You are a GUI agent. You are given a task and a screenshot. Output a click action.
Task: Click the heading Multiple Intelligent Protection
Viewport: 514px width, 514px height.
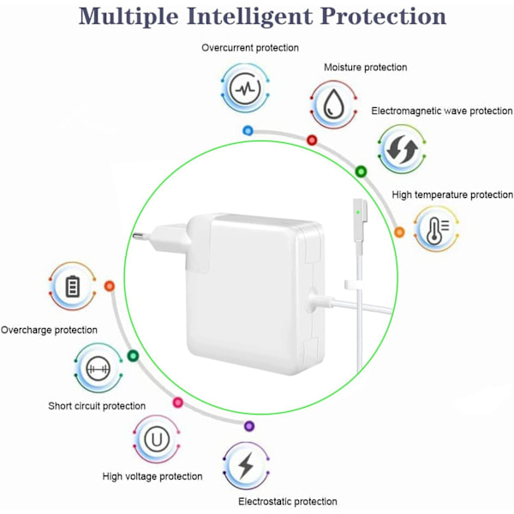tap(256, 16)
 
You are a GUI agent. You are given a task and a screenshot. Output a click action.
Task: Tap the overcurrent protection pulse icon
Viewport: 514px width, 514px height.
tap(247, 88)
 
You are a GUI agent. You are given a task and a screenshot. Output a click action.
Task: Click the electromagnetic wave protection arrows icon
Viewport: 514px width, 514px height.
tap(399, 150)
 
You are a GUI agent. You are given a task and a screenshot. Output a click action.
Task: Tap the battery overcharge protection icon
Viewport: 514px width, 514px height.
tap(72, 287)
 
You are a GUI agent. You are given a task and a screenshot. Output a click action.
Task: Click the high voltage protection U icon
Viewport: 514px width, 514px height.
tap(156, 440)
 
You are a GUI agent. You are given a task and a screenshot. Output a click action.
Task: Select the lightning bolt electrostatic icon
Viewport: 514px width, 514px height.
tap(246, 465)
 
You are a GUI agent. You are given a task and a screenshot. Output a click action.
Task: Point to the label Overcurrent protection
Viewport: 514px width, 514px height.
tap(250, 48)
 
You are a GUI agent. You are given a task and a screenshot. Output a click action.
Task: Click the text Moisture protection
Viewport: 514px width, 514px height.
tap(365, 67)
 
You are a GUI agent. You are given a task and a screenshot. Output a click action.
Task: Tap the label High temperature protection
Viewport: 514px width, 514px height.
tap(452, 195)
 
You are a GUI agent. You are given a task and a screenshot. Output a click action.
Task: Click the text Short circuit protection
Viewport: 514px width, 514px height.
tap(97, 406)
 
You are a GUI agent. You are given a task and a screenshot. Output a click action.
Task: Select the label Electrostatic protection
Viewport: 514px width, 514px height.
tap(288, 501)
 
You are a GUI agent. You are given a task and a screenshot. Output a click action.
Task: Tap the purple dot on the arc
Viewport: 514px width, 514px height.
tap(249, 426)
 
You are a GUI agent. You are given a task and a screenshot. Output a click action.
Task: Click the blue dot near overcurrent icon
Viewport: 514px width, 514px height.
tap(248, 130)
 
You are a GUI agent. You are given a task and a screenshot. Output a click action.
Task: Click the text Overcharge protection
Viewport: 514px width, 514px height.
tap(49, 330)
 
